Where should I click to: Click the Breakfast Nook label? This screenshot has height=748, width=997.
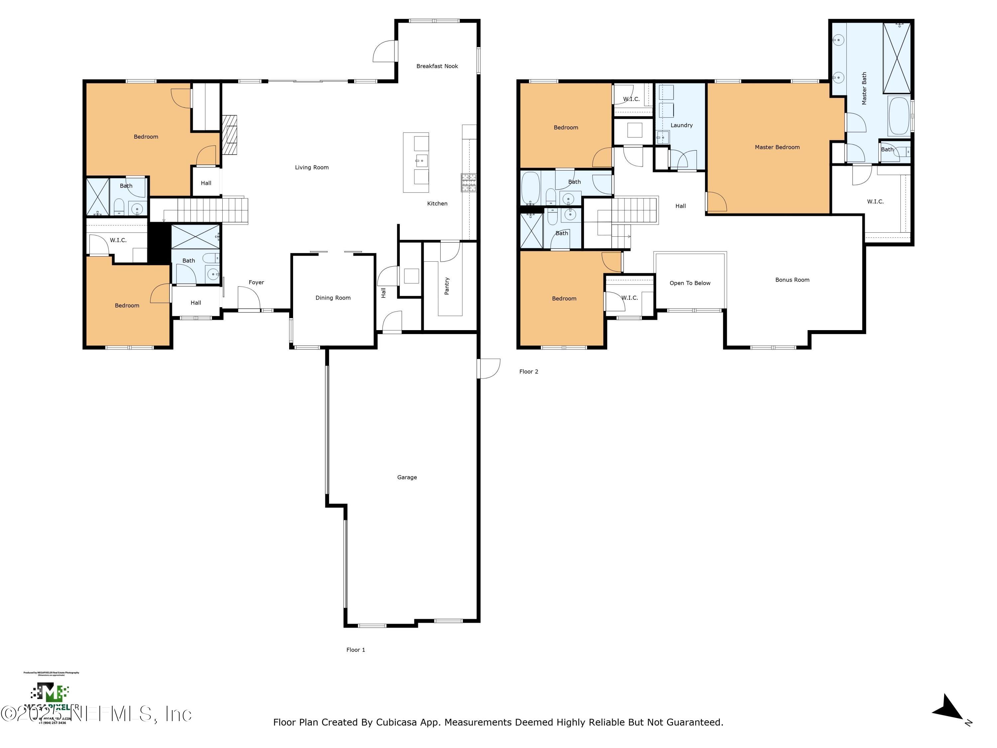pos(437,66)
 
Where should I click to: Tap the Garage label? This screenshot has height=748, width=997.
pos(406,477)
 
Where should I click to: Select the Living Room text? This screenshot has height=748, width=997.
pos(311,167)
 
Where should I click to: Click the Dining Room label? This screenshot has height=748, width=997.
pos(333,298)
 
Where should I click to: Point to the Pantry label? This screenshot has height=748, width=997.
pos(447,286)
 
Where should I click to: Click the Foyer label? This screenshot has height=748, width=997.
pos(256,282)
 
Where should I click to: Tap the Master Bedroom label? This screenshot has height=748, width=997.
pos(777,147)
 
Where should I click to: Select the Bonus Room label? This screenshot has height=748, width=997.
pos(792,280)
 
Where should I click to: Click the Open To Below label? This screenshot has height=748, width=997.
pos(690,283)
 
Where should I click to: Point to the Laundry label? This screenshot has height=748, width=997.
pos(681,125)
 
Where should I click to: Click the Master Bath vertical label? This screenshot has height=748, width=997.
pos(864,88)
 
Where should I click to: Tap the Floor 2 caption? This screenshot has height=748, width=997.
pos(528,372)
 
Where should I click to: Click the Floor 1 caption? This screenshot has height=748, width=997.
pos(356,650)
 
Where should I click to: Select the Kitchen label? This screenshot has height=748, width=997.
pos(437,204)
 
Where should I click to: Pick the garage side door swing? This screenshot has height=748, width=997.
pos(490,368)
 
